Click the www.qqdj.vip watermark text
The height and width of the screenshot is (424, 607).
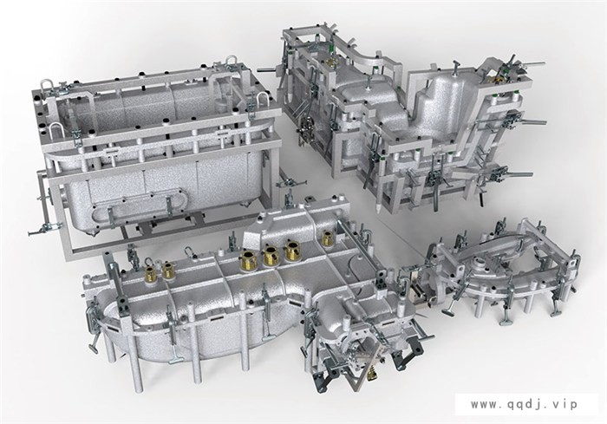pos(524,404)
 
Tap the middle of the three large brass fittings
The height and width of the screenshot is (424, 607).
pos(271,256)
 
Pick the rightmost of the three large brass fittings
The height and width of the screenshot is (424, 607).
pos(293,251)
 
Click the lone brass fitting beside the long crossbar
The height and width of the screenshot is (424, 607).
pos(328,238)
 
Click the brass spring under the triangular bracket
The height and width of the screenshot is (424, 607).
pos(372,374)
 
